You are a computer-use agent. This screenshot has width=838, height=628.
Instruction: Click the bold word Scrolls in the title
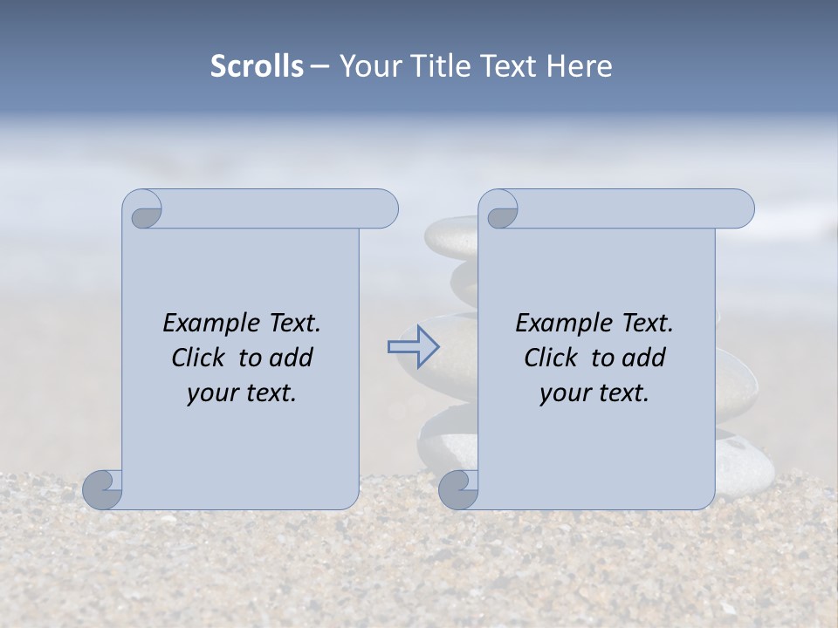coord(257,65)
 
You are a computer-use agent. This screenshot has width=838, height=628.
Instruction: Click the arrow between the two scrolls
coord(413,347)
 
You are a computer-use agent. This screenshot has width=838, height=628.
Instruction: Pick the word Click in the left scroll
coord(190,358)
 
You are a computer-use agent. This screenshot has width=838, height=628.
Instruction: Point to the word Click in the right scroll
coord(543,358)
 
